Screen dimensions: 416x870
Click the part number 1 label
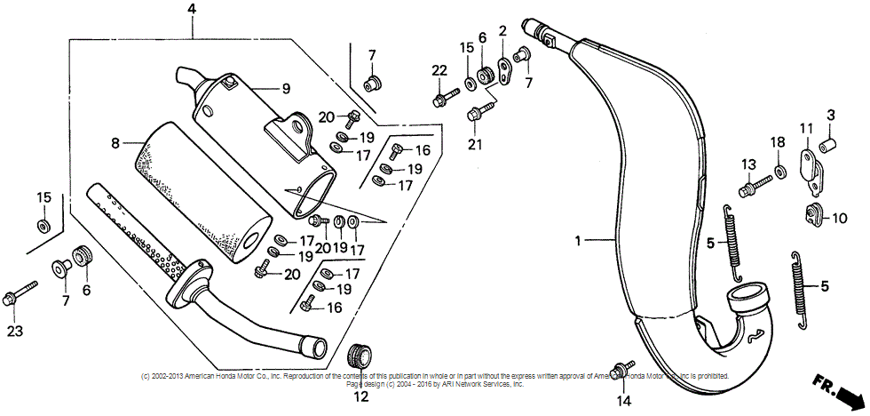578,241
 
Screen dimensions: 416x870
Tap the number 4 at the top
193,10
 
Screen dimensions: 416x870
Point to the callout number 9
286,88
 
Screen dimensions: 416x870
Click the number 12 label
360,397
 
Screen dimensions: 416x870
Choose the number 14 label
623,401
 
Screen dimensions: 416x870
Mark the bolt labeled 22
443,94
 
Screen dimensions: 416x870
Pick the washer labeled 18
779,169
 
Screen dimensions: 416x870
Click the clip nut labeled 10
811,213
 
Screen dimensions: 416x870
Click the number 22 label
439,70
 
